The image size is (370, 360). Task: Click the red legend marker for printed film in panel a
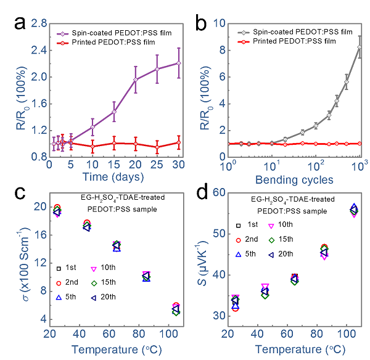(x=65, y=42)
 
